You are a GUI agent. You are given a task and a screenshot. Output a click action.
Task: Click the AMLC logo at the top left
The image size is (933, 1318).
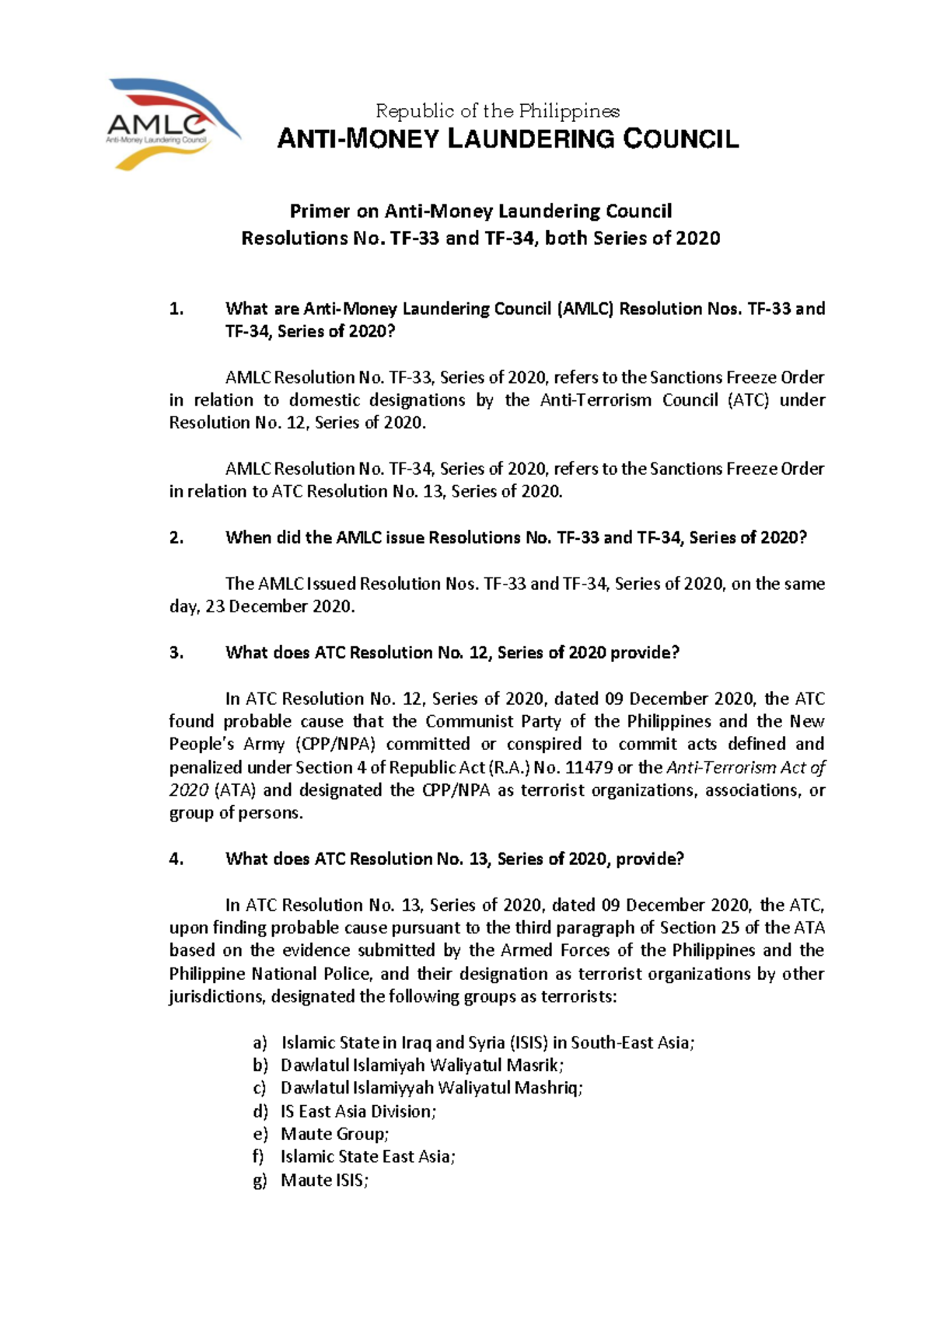tap(173, 124)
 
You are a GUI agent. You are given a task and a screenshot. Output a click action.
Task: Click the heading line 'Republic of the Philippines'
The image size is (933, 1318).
tap(498, 111)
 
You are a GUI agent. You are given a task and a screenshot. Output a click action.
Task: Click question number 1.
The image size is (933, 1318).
tap(176, 309)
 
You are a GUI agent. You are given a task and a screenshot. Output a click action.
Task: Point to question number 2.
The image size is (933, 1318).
tap(176, 538)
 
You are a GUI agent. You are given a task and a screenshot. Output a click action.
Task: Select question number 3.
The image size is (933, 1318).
tap(176, 653)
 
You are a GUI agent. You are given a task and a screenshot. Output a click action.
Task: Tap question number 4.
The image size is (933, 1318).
tap(176, 859)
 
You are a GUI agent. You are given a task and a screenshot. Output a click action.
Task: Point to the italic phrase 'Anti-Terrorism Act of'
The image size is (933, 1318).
tap(746, 768)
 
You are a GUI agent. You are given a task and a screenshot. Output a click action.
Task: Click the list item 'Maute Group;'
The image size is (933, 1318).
tap(334, 1135)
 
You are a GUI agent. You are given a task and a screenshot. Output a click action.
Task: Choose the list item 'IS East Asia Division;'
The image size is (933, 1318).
tap(358, 1112)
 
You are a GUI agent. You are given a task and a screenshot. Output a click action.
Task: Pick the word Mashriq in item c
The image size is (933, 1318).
tap(549, 1089)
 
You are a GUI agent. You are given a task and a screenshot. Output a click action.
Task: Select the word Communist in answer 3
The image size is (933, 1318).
tap(470, 722)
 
